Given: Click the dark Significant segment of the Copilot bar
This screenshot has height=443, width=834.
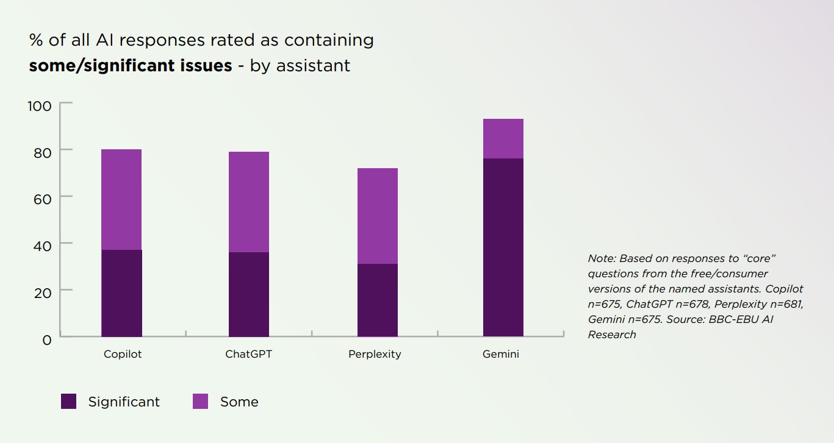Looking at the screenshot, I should click(x=121, y=293).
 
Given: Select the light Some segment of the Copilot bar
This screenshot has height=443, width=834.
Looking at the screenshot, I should click(x=121, y=199).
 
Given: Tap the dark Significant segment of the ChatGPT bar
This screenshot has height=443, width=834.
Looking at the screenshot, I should click(x=249, y=294).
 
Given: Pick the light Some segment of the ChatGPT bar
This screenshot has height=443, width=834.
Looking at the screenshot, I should click(x=249, y=202).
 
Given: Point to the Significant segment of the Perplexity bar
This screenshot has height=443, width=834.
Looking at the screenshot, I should click(x=377, y=300).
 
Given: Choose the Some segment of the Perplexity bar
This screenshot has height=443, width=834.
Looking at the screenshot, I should click(x=377, y=216).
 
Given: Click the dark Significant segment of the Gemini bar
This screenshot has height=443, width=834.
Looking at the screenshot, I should click(x=503, y=247).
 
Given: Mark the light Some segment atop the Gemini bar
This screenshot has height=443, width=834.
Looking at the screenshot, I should click(x=503, y=138).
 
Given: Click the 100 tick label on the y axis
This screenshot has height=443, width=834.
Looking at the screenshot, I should click(x=39, y=106).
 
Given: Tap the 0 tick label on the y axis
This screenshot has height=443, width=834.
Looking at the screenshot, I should click(x=46, y=339).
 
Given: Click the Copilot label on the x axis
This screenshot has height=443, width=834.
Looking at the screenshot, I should click(x=123, y=354).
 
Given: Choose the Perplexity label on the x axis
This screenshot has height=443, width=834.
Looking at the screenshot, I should click(x=375, y=354).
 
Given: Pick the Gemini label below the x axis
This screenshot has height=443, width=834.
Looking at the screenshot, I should click(x=501, y=354).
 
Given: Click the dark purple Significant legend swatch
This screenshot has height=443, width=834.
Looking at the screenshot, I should click(x=69, y=402).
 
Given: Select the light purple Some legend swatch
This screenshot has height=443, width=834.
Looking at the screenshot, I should click(x=200, y=402).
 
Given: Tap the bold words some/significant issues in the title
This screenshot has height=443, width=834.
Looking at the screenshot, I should click(x=131, y=65).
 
